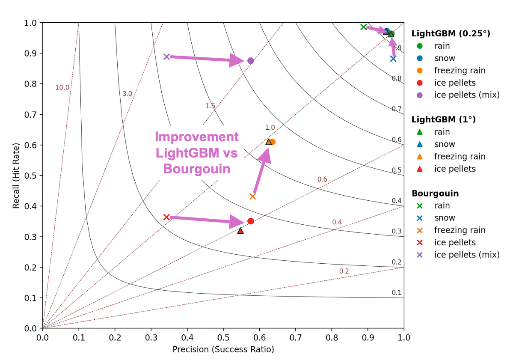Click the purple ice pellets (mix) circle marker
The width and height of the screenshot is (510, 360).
pos(251,60)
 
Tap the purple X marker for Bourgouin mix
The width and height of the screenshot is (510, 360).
pos(166,57)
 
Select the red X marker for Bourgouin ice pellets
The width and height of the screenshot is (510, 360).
pos(166,217)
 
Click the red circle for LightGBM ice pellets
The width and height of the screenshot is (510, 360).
pos(251,221)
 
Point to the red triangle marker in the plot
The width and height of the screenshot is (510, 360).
pos(240,231)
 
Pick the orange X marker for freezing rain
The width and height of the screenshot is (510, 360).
pos(252,196)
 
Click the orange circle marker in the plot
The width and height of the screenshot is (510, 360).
pos(273,142)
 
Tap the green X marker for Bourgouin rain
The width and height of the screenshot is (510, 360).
pos(364,27)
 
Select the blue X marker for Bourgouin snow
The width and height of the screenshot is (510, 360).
pos(393,59)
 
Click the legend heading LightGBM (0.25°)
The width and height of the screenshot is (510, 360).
pos(451,33)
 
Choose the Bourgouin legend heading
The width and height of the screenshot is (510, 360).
pos(435,193)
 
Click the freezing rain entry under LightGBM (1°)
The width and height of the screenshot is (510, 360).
pos(460,157)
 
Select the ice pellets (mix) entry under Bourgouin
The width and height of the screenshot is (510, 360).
pos(466,255)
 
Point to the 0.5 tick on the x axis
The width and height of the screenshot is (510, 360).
pos(223,338)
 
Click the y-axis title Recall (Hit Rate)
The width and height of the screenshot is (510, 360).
pos(16,175)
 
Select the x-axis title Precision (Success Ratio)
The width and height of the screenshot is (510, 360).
pos(223,349)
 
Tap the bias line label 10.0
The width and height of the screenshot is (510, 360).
pos(62,87)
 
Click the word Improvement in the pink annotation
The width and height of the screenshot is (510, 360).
pos(196,137)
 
